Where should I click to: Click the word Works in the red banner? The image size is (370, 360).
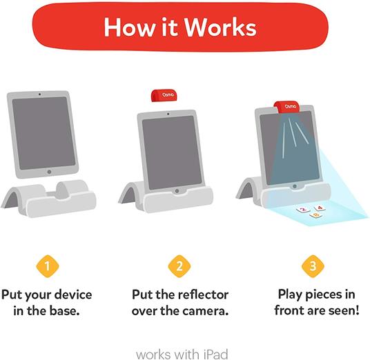220,27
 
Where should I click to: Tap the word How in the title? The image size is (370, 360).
129,27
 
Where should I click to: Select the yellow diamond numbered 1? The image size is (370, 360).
48,266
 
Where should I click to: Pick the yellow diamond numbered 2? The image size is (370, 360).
179,266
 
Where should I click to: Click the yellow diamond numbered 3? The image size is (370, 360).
313,266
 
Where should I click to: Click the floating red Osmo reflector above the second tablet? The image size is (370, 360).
164,95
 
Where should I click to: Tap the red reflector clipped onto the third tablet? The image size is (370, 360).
286,107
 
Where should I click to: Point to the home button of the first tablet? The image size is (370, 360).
49,172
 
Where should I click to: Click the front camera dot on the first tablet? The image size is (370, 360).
39,94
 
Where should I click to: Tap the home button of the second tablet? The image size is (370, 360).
177,191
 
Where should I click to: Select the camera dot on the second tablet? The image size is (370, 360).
168,114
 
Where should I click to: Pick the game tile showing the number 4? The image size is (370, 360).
320,208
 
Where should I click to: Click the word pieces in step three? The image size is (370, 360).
322,294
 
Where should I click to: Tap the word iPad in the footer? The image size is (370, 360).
215,354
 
